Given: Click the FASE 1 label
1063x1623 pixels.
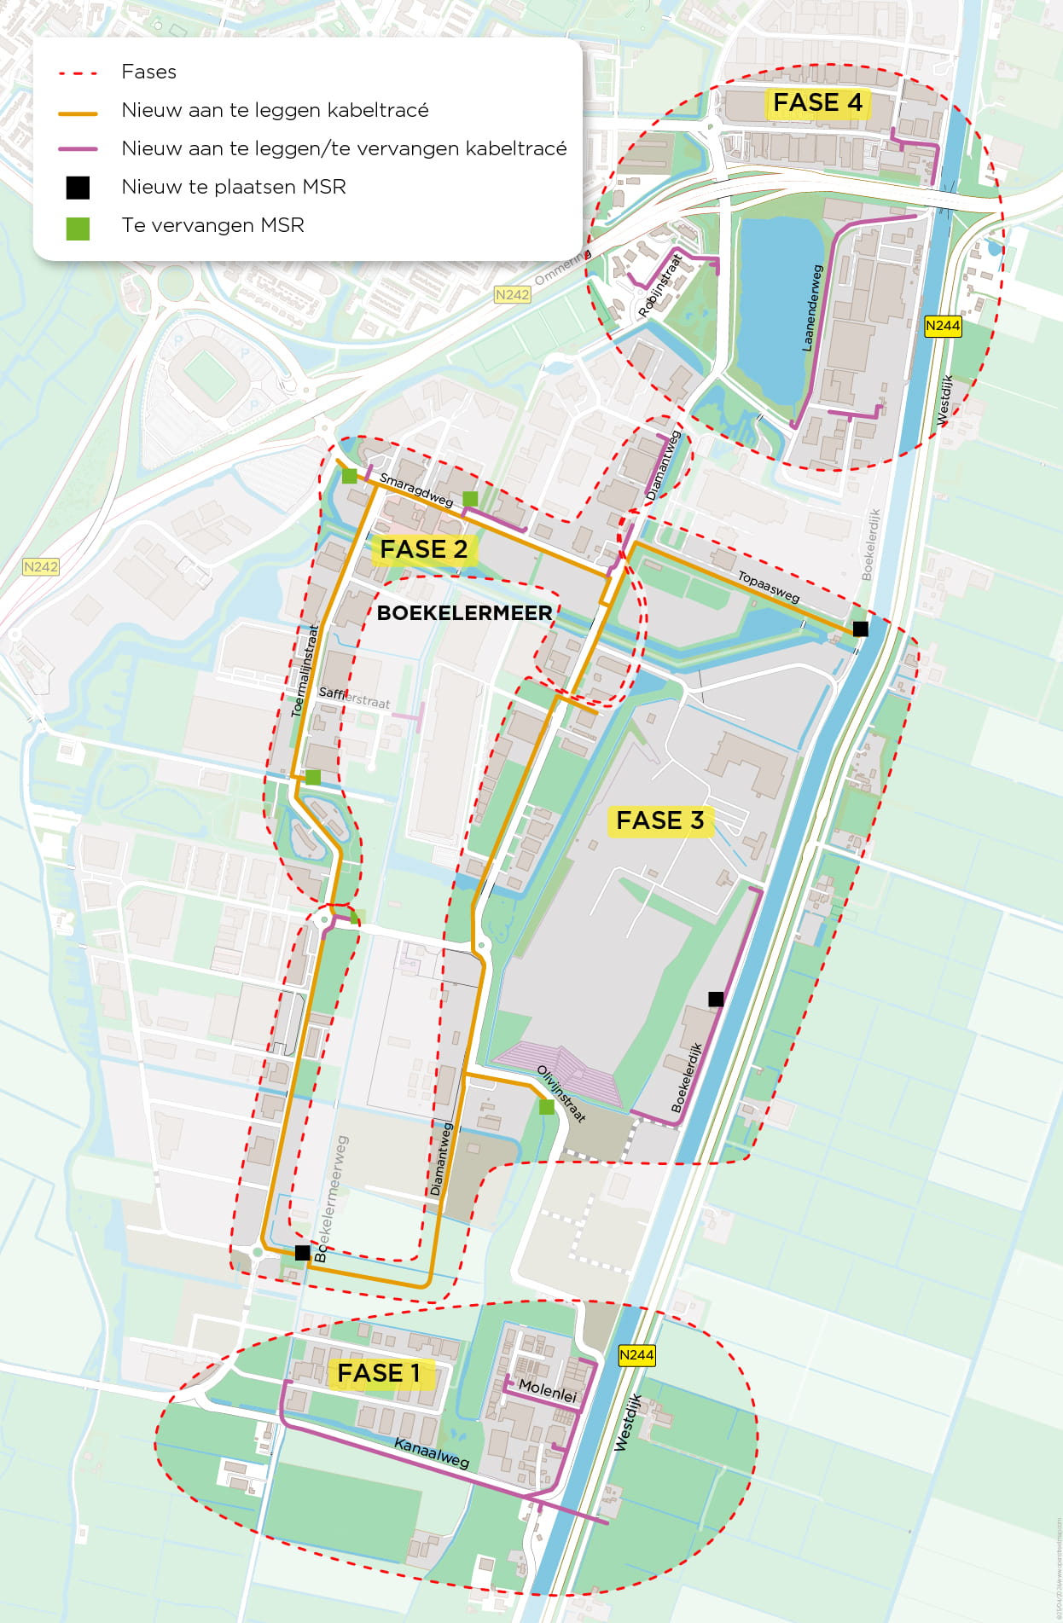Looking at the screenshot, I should [379, 1373].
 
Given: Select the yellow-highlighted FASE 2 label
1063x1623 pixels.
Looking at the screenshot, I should [423, 549].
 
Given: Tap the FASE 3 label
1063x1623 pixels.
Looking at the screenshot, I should [659, 820].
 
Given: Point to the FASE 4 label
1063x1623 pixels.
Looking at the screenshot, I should [817, 102].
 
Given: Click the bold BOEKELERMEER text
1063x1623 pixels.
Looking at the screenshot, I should [464, 612].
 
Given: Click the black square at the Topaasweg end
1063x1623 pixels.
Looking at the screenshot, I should [861, 629].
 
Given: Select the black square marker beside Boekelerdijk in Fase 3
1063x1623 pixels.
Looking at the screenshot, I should [716, 999].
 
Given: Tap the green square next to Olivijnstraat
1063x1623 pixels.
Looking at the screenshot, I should [547, 1107].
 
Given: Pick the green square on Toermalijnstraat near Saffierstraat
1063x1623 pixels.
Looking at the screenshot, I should [313, 777].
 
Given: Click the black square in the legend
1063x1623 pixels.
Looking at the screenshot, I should [78, 188].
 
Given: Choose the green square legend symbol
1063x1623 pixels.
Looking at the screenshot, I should [78, 229].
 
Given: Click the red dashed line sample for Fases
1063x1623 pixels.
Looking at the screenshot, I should [78, 73].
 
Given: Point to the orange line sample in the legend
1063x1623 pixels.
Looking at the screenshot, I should [78, 112].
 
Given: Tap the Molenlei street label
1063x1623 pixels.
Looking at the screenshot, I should [548, 1391].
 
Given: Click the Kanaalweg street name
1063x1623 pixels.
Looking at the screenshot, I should [432, 1452].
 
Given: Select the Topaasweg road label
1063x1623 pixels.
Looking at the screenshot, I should [769, 586].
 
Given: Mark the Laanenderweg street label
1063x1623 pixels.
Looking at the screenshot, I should [812, 308].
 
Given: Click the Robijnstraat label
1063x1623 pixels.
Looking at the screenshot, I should [660, 285].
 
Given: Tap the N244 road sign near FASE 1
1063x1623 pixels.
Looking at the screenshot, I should [636, 1354].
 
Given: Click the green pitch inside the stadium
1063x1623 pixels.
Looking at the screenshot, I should [205, 372].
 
